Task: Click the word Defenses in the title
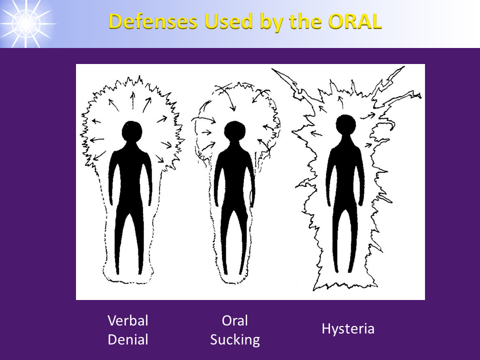[153, 21]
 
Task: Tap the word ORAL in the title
[354, 21]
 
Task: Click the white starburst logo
[26, 23]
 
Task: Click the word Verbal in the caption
[128, 320]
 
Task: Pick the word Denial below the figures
[128, 339]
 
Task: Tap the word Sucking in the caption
[235, 340]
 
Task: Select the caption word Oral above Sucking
[235, 320]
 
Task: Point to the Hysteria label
[348, 329]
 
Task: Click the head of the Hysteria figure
[346, 125]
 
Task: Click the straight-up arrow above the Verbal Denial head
[133, 100]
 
